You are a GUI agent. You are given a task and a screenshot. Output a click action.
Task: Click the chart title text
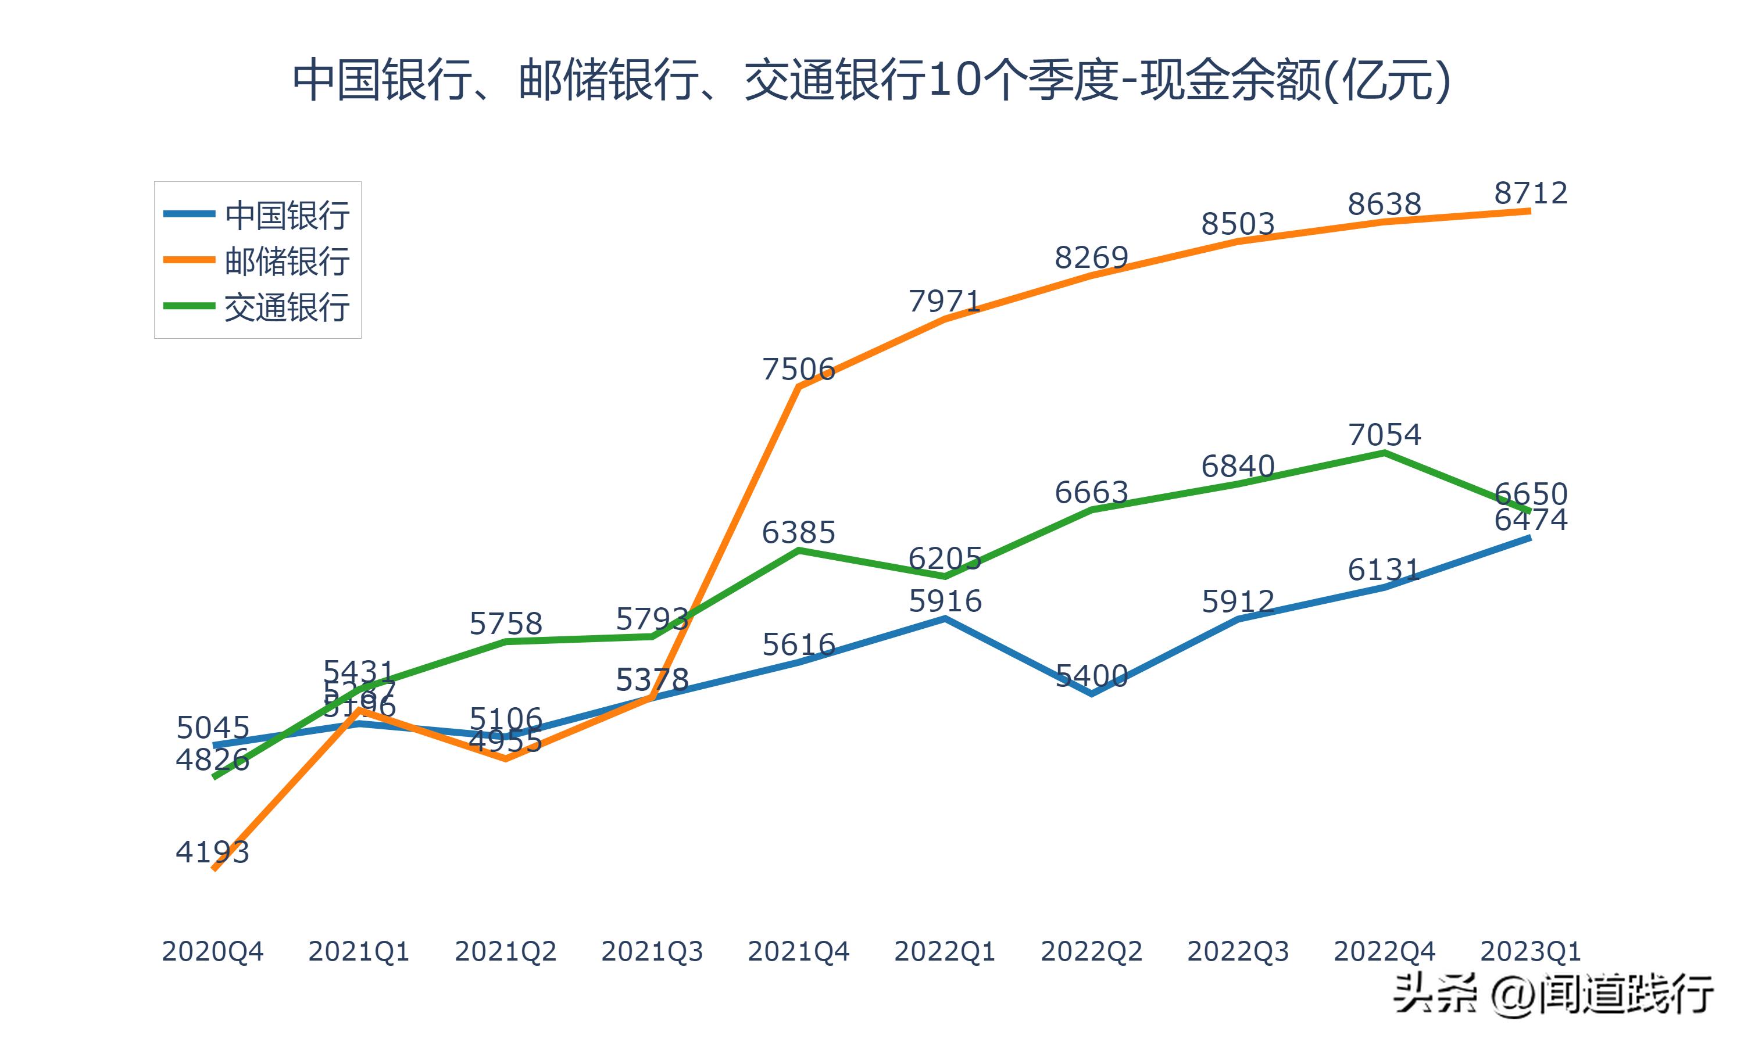(x=871, y=80)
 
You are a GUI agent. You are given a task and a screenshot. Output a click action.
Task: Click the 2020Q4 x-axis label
(x=212, y=951)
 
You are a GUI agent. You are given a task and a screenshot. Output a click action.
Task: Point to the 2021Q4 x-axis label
(x=798, y=951)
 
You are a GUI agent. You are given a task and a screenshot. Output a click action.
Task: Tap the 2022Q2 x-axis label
(x=1091, y=951)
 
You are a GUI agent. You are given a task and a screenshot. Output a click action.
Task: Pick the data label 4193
(x=212, y=852)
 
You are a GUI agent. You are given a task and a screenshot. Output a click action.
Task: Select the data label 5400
(x=1091, y=676)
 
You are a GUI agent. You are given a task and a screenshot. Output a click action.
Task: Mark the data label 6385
(x=798, y=532)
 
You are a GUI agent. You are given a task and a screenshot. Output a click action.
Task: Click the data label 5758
(x=505, y=624)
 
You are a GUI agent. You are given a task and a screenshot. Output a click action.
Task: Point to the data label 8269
(x=1091, y=258)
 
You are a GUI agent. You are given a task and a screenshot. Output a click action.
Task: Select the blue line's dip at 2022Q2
(x=1091, y=694)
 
